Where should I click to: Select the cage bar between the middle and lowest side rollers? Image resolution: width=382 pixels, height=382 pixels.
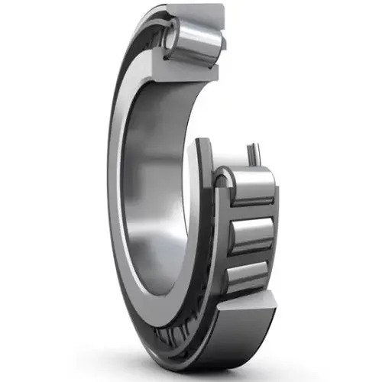[x=246, y=256]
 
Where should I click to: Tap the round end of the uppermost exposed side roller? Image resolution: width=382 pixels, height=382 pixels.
[x=223, y=180]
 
